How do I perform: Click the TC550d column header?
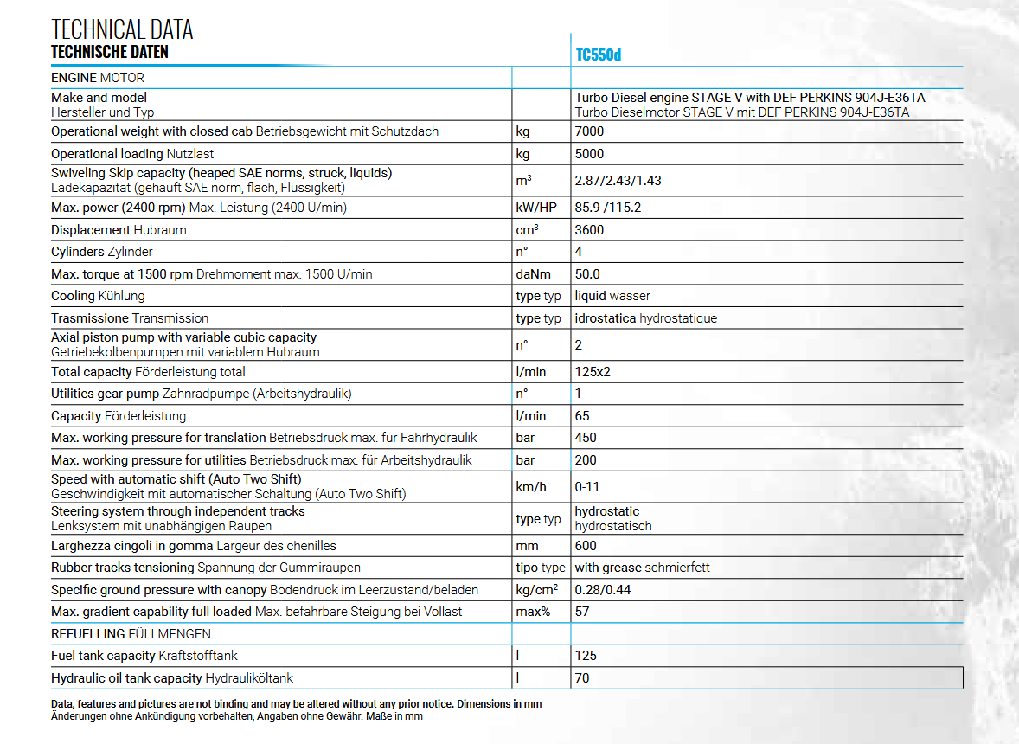point(599,55)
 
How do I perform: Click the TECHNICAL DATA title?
point(122,29)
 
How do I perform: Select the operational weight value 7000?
point(589,131)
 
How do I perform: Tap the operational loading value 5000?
point(589,154)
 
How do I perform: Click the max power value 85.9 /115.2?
point(607,208)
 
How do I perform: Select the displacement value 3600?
point(589,230)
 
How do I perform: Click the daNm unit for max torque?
point(533,274)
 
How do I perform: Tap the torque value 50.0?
point(587,274)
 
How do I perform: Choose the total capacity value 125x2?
point(593,372)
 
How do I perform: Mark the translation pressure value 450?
point(586,438)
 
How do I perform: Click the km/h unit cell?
point(531,487)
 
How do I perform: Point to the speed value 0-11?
point(587,487)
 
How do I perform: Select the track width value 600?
point(586,546)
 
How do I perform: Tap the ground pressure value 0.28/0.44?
point(602,590)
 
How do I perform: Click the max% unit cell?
point(534,612)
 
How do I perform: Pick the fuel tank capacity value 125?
point(586,656)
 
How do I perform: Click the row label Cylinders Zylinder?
point(102,252)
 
